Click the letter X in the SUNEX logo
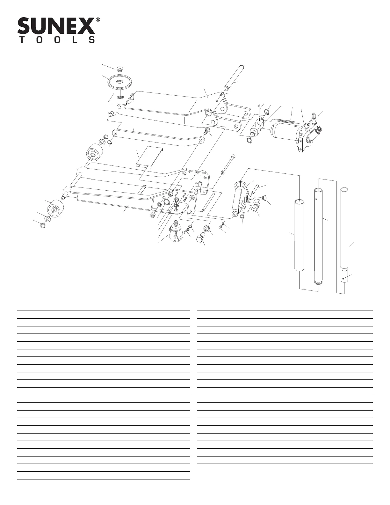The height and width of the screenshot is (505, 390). (86, 26)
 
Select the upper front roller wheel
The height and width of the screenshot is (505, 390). (94, 153)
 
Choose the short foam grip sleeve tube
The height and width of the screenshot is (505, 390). (299, 235)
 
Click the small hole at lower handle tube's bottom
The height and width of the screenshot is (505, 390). (343, 279)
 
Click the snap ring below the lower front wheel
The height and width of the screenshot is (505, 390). (42, 226)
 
